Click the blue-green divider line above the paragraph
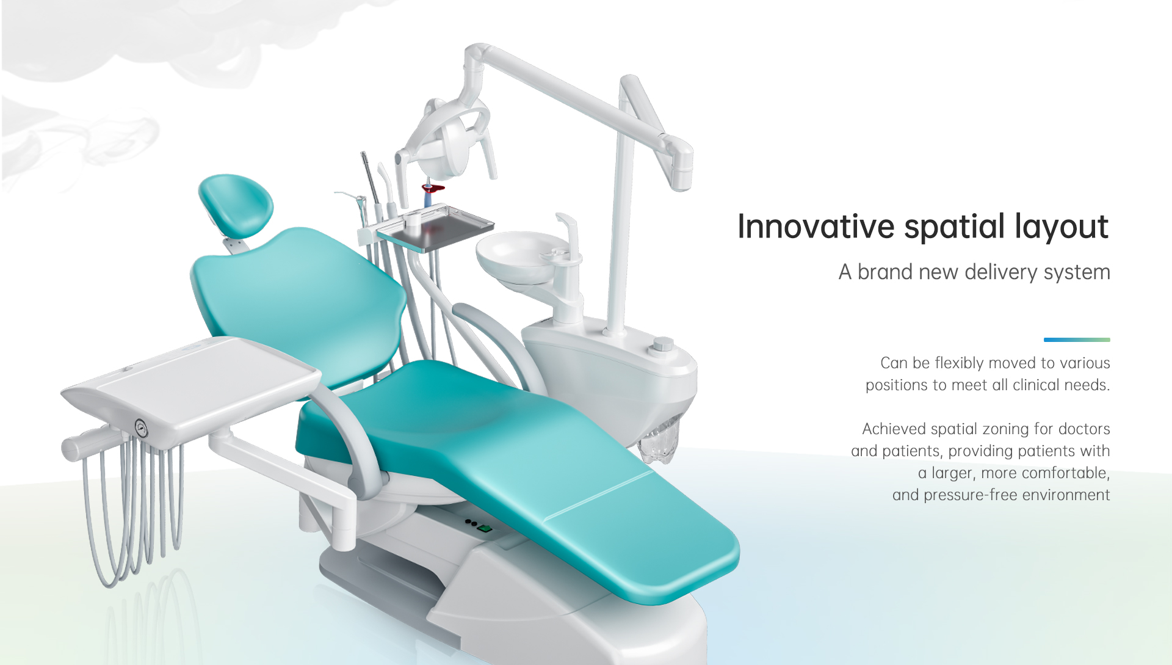pos(1077,340)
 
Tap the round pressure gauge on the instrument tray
pos(141,428)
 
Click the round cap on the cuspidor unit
pos(663,344)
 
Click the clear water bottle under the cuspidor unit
pos(660,438)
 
